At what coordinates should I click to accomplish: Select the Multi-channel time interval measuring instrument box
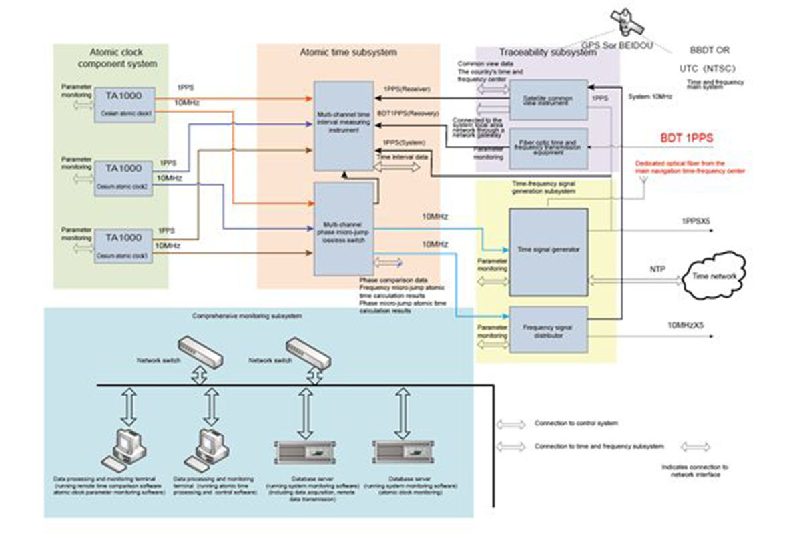tap(344, 125)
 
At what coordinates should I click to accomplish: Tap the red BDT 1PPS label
tap(686, 138)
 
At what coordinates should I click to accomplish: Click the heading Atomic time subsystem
tap(347, 52)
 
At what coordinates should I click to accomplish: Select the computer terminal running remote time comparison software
tap(127, 448)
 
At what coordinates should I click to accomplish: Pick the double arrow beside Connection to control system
tap(511, 423)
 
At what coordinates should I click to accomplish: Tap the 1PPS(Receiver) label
tap(406, 87)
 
